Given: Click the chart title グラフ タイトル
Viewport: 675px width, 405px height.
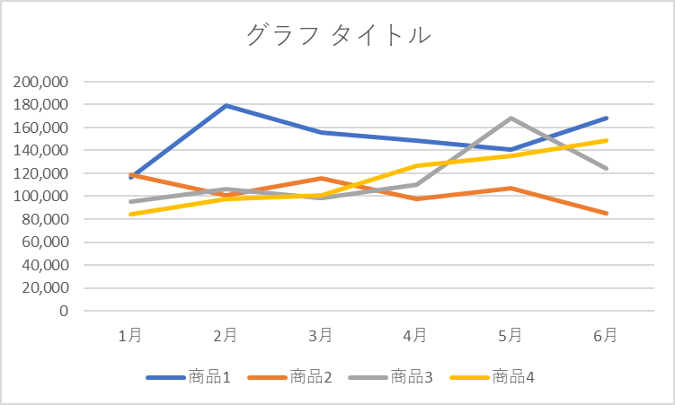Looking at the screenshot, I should coord(338,35).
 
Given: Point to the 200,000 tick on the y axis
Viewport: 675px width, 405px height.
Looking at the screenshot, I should coord(42,82).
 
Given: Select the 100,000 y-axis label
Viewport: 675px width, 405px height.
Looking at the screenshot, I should coord(42,197).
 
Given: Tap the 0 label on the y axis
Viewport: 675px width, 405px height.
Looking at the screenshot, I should coord(63,312).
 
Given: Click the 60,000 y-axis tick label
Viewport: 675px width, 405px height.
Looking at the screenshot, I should coord(46,242).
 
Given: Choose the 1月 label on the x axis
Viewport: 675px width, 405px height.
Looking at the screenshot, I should coord(130,335).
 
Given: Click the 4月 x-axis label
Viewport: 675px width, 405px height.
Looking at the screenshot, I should coord(415,335).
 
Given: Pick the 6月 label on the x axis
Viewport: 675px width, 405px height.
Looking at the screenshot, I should coord(606,335).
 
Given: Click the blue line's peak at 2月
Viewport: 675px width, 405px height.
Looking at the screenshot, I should coord(226,106).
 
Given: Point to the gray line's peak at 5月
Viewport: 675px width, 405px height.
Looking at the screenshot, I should coord(511,118).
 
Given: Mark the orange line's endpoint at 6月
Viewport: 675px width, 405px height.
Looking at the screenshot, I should coord(606,214).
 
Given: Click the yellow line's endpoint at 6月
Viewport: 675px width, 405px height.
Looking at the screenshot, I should coord(606,140).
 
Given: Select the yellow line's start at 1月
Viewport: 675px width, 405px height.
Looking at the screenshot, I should coord(130,214).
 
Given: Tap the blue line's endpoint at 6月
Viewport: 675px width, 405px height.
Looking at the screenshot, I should coord(606,118).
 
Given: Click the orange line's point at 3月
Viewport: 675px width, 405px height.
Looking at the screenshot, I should coord(321,179).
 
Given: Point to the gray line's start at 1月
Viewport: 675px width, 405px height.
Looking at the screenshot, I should coord(130,201).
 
